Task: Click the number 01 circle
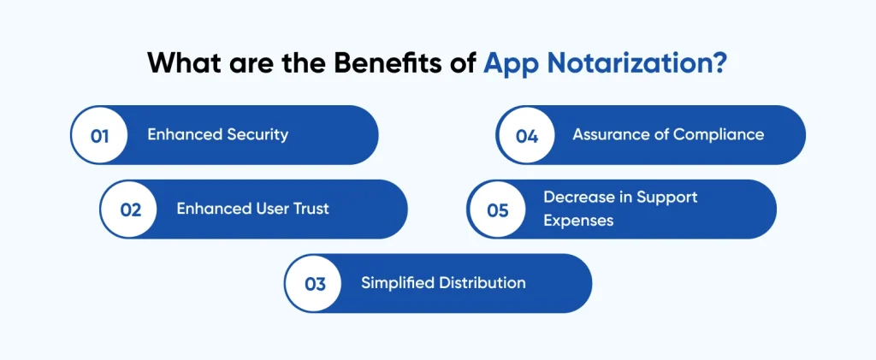point(99,135)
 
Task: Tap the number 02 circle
point(130,210)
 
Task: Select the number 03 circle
point(315,284)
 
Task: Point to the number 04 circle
point(526,135)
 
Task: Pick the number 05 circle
point(497,210)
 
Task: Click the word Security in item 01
point(257,134)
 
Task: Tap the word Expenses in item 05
point(578,221)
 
